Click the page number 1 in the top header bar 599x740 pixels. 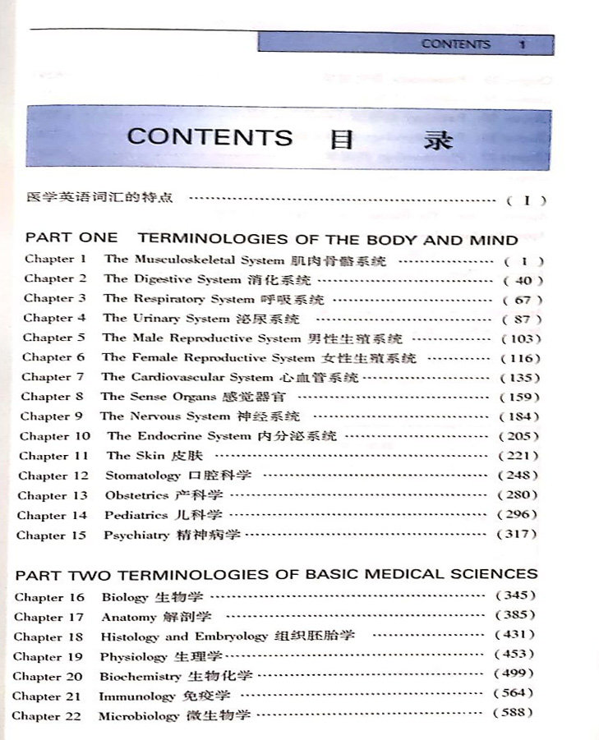(x=522, y=45)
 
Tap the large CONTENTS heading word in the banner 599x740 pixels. (x=210, y=137)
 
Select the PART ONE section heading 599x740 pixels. (x=271, y=240)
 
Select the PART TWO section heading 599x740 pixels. (x=276, y=573)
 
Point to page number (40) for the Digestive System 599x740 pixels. (x=523, y=280)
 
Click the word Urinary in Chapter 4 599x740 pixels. (x=157, y=318)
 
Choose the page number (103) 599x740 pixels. (x=521, y=338)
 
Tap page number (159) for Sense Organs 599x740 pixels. (x=520, y=398)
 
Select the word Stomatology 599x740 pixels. (x=142, y=476)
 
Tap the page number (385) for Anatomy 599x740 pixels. (x=515, y=614)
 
